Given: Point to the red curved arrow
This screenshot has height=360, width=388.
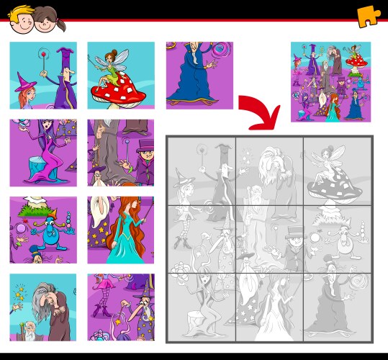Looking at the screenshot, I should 261,112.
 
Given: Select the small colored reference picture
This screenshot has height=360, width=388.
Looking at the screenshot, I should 330,81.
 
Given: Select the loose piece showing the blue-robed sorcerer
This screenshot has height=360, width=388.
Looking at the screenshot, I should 199,75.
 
